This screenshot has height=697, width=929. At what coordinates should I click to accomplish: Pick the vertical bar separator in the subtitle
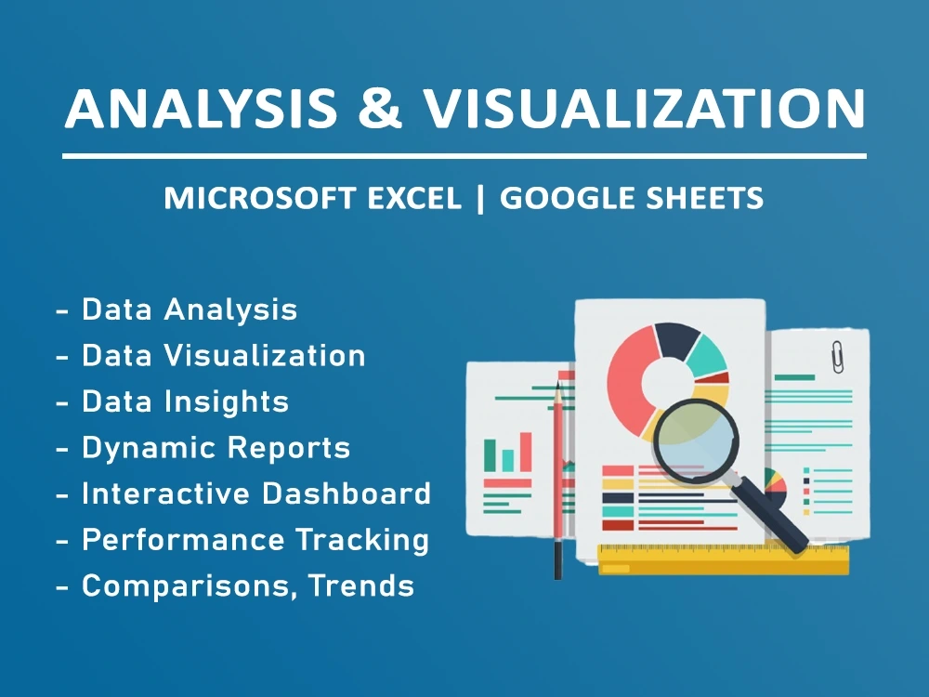[480, 198]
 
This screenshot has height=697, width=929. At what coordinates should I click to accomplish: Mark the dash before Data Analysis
[62, 310]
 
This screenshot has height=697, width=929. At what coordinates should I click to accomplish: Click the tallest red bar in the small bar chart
[526, 451]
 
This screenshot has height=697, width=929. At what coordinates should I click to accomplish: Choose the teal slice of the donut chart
[708, 355]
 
